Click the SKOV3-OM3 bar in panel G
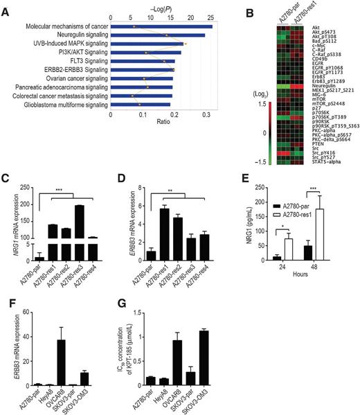(222, 355)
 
